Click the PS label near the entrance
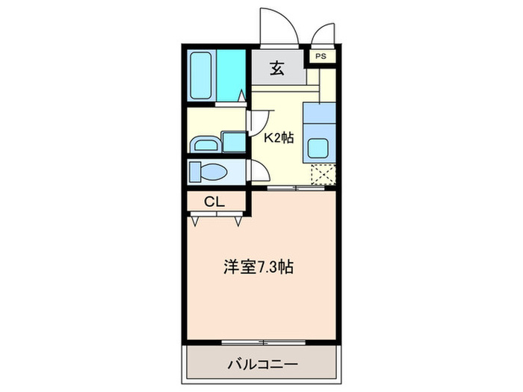(321, 56)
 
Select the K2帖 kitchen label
(278, 138)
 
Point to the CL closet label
(214, 201)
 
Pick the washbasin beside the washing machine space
(205, 143)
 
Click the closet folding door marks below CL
(217, 218)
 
